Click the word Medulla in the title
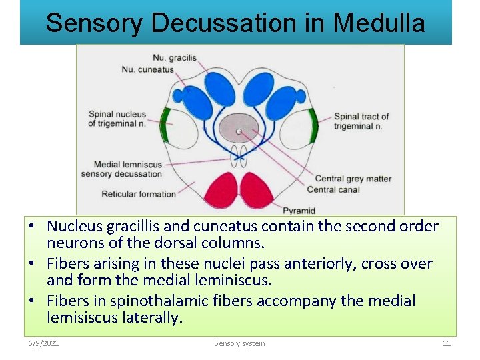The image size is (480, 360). pos(379,23)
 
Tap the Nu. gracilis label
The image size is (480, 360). pos(174,58)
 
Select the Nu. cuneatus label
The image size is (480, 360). pos(147,69)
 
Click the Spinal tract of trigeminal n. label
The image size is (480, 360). pos(361,121)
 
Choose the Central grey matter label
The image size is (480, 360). pos(353,179)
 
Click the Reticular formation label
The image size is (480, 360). pos(139,194)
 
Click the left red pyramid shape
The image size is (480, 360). pos(221,189)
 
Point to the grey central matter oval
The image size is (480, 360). pos(239,128)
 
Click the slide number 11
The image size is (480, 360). pos(447,343)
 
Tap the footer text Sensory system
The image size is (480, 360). pos(239,343)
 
